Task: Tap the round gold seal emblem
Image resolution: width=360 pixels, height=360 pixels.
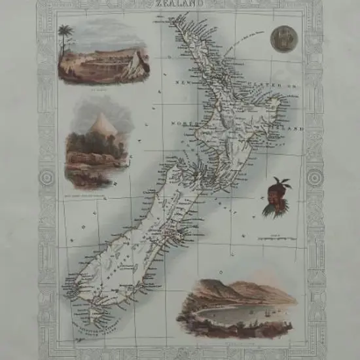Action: [x=284, y=39]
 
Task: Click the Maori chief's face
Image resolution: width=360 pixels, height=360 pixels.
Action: [x=270, y=200]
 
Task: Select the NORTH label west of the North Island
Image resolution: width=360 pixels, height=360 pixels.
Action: [x=184, y=122]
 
